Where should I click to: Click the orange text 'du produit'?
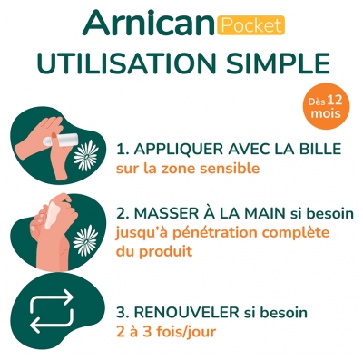pos(152,252)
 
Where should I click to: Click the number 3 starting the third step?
pos(120,313)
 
